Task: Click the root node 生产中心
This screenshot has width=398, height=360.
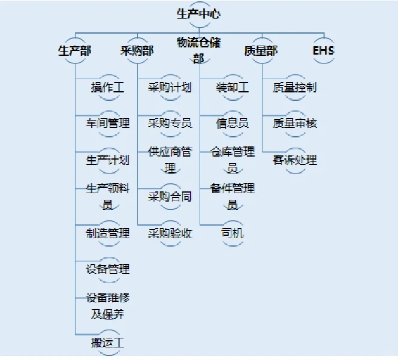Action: point(198,14)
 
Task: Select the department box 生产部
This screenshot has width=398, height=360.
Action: point(74,50)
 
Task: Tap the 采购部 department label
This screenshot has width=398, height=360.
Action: point(137,50)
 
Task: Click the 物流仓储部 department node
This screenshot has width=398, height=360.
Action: point(198,50)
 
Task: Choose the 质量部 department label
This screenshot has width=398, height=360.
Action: point(261,50)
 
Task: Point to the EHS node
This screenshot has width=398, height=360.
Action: point(324,50)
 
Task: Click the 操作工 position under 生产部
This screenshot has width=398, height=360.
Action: point(107,88)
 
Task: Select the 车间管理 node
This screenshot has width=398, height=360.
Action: point(107,124)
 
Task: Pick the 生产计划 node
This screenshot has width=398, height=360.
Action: point(107,160)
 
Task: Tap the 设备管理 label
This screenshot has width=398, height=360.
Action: point(107,269)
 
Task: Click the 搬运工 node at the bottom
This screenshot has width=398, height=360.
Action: point(107,343)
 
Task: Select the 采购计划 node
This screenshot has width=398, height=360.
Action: point(170,88)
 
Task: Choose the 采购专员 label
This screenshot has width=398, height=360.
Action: point(170,124)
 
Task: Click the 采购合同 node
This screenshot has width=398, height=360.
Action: point(170,197)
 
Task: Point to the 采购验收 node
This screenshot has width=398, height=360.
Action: point(170,233)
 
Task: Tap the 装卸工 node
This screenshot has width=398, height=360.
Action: point(232,88)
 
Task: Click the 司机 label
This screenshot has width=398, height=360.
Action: point(232,233)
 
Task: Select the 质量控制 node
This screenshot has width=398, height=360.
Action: point(294,88)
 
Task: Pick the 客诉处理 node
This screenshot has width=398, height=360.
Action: point(294,160)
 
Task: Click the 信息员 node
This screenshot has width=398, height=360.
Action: point(232,124)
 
